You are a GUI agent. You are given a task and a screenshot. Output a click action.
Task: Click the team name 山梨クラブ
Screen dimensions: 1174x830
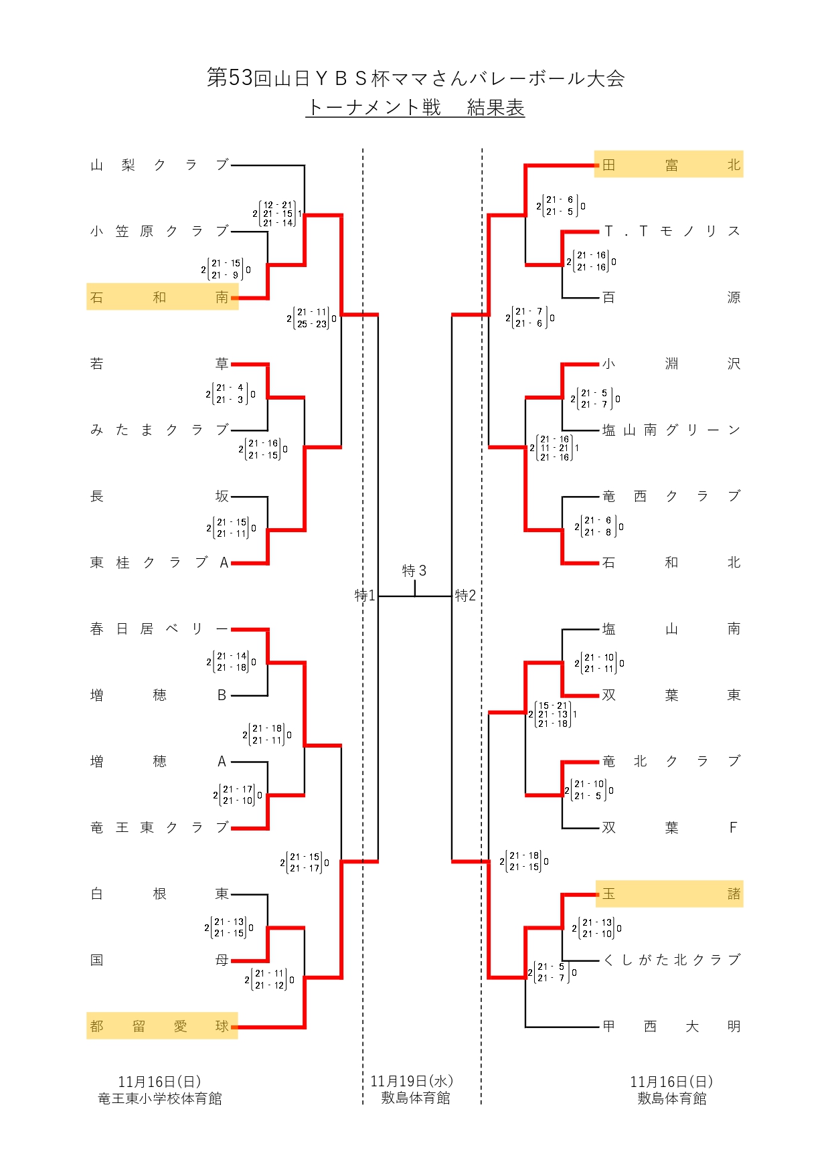pos(160,165)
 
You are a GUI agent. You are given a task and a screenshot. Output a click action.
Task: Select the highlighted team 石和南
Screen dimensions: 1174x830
pos(160,297)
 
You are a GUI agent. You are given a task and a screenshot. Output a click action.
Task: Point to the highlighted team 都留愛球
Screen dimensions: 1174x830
pos(160,1026)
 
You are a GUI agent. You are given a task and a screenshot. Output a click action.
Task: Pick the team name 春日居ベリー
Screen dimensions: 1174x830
pos(160,628)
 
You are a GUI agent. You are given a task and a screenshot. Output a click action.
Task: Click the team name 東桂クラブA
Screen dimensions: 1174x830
pos(160,562)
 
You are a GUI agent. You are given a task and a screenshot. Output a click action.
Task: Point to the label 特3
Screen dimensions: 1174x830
pos(414,571)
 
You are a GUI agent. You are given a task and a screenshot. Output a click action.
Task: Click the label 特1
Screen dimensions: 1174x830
pos(365,595)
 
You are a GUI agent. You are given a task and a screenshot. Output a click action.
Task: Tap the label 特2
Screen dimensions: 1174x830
pos(465,595)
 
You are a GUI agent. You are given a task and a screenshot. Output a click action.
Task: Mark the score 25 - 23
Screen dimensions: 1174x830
pos(312,324)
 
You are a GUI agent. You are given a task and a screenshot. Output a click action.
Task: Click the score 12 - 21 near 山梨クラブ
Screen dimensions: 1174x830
pos(278,205)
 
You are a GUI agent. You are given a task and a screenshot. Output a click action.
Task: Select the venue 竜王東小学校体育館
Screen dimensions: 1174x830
pos(160,1098)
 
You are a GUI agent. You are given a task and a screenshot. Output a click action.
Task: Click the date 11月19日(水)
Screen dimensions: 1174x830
pos(412,1081)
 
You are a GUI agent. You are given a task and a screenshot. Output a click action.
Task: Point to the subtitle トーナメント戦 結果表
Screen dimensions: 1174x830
pos(415,108)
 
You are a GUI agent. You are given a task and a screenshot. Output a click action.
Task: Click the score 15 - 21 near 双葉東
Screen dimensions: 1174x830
pos(553,705)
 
